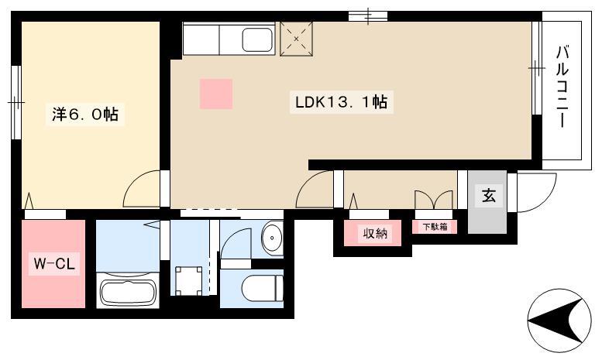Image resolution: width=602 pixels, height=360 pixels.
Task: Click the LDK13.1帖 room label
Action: coord(341,102)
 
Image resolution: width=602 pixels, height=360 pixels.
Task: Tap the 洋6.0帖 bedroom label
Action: coord(85,114)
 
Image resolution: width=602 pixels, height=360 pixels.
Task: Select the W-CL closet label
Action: coord(54,264)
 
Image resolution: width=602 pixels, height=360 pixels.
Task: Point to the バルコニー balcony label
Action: coord(562,87)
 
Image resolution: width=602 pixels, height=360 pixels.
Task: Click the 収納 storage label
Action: coord(375,233)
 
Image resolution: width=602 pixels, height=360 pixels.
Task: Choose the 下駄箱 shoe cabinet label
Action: coord(435,227)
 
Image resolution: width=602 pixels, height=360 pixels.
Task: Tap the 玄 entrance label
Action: coord(488,195)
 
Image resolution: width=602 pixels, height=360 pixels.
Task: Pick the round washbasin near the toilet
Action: coord(272,238)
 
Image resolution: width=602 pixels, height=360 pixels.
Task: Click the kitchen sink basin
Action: coord(257,40)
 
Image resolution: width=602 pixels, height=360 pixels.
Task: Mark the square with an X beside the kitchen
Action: coord(297,39)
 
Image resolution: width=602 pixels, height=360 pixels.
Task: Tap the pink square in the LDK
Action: coord(216,94)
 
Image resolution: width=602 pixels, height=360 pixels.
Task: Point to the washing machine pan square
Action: coord(188,281)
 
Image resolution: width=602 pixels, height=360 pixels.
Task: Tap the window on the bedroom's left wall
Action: coord(16,102)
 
